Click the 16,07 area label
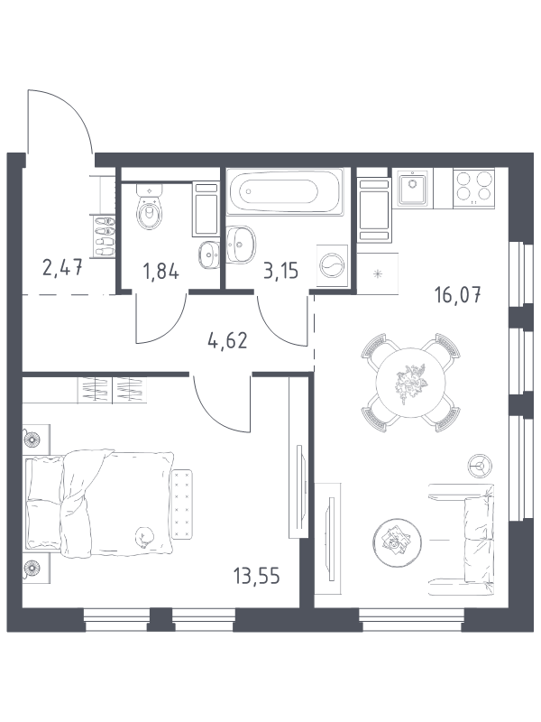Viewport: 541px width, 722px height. pos(458,295)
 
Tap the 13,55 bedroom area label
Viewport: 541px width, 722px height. pos(256,576)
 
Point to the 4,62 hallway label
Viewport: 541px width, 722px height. pos(228,341)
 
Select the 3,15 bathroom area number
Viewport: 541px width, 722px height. pos(280,271)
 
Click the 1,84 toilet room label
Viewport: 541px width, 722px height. pos(161,272)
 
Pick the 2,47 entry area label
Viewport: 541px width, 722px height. pos(62,267)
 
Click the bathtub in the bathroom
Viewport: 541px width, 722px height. pos(286,191)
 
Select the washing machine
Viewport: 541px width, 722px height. pos(331,266)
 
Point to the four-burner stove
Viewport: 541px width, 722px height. pos(474,188)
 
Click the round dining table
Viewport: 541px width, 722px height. pos(410,382)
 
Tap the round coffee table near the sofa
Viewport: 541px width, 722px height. pos(397,541)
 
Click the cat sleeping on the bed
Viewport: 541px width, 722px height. pos(145,537)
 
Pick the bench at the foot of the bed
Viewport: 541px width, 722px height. pos(182,504)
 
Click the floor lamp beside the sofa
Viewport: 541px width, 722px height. pos(481,466)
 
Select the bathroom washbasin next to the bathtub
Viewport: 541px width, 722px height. pos(241,245)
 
